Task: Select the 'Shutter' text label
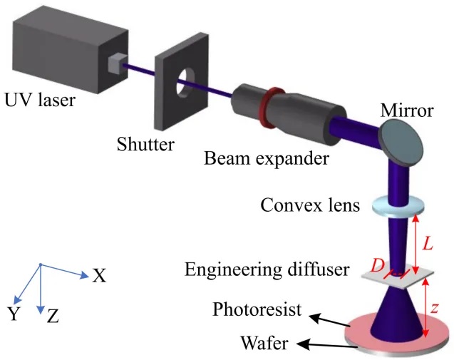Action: coord(145,145)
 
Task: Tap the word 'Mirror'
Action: coord(407,110)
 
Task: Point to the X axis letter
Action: coord(99,275)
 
